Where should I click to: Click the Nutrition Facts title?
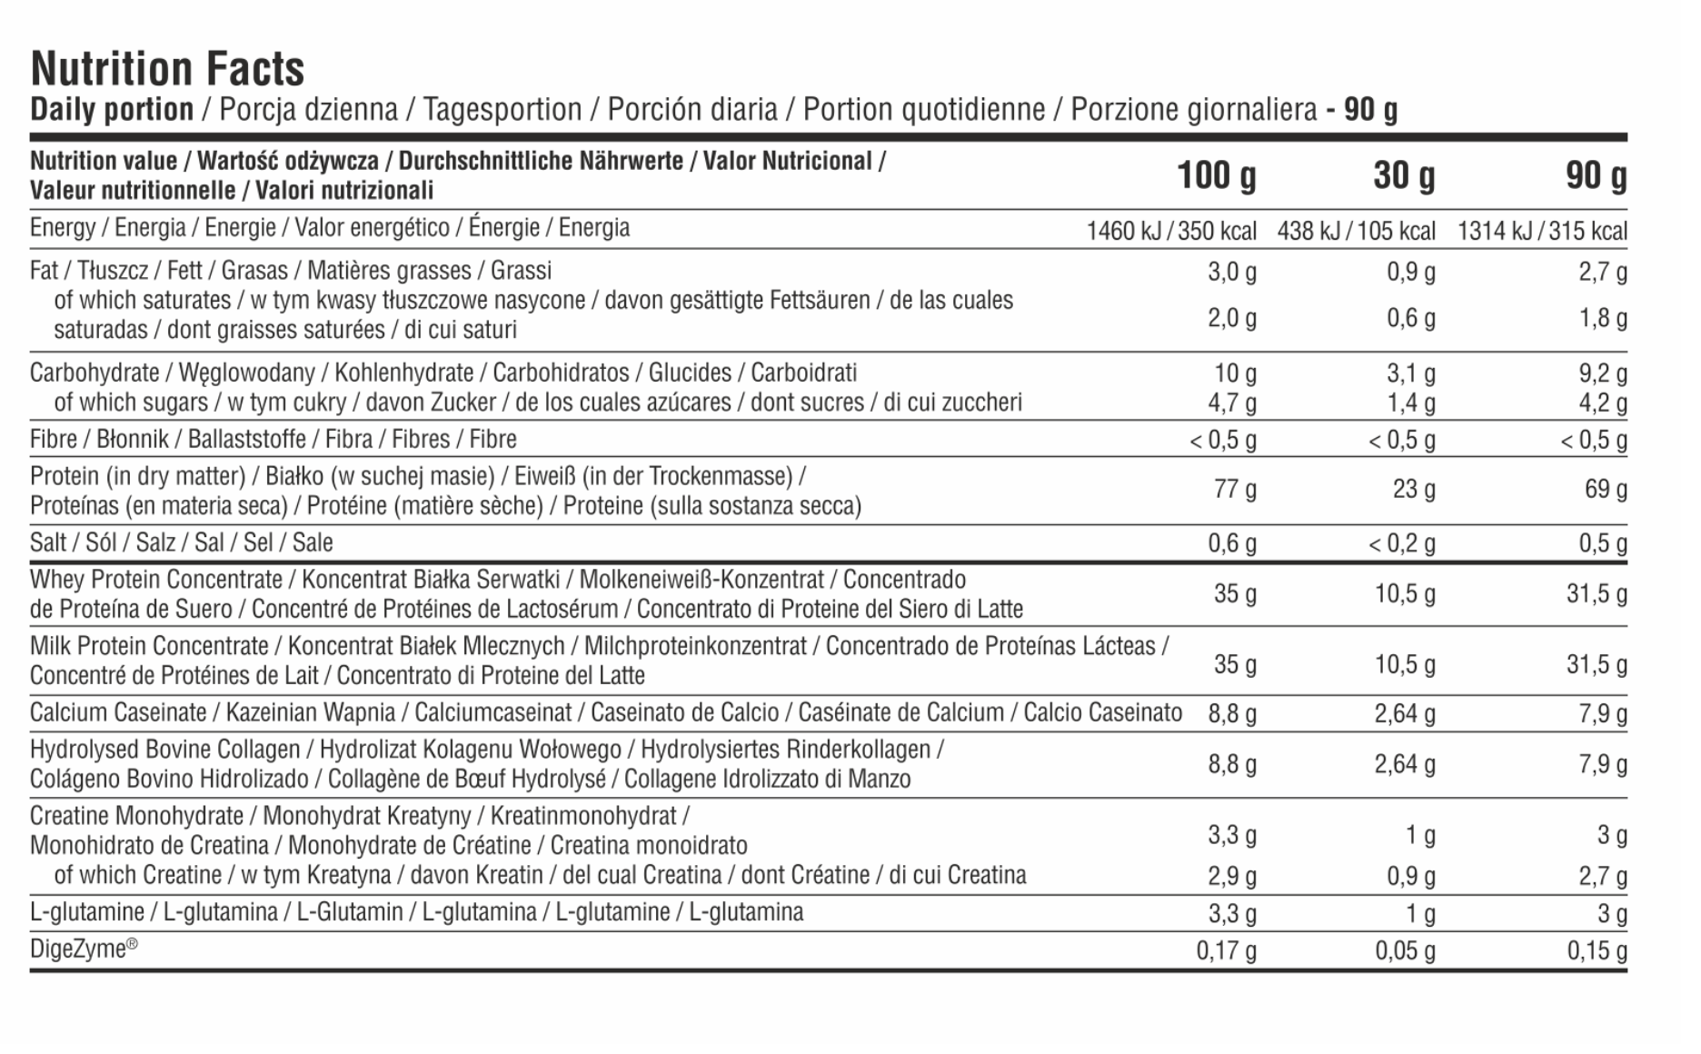[167, 69]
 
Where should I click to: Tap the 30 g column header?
[1404, 175]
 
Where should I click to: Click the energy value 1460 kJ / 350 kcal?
[1171, 231]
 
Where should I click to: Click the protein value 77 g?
[1235, 490]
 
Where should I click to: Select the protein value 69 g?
[1606, 490]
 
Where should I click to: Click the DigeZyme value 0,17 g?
[1226, 951]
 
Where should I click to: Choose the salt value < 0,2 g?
[1401, 543]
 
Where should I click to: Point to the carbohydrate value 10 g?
[1235, 373]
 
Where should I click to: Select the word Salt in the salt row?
[47, 542]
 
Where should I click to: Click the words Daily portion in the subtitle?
[112, 110]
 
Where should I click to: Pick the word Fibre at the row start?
[54, 439]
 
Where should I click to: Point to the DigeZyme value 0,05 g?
[1405, 951]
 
